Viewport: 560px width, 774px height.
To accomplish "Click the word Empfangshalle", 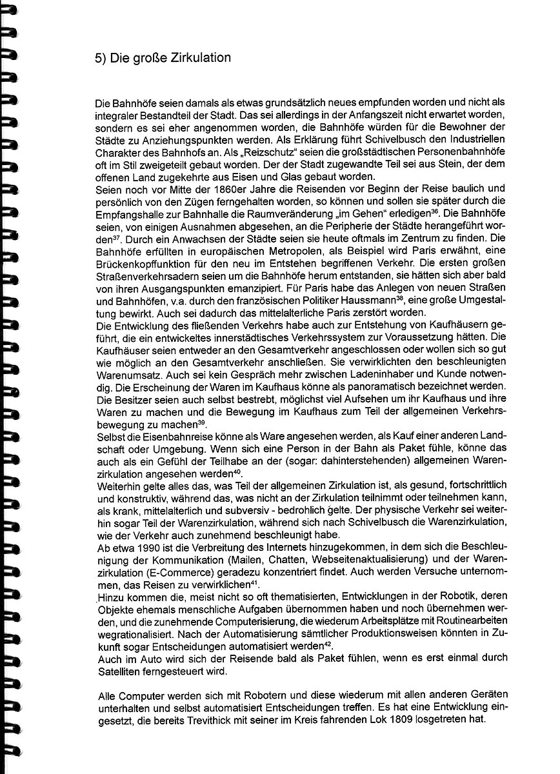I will coord(126,212).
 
